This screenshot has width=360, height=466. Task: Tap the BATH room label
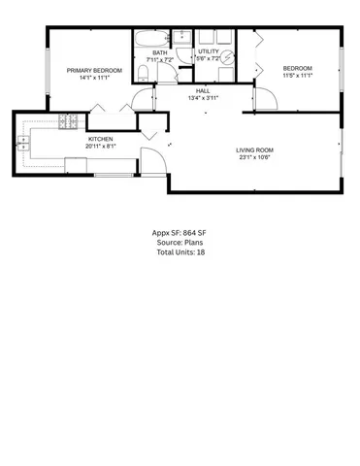pyautogui.click(x=158, y=51)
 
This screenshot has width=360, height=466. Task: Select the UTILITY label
pyautogui.click(x=209, y=51)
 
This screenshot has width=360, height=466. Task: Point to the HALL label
pyautogui.click(x=205, y=88)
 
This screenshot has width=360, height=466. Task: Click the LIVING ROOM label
pyautogui.click(x=255, y=149)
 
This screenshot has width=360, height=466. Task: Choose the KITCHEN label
pyautogui.click(x=101, y=139)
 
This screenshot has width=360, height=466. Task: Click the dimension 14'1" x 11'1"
pyautogui.click(x=94, y=78)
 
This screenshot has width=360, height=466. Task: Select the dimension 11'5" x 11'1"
pyautogui.click(x=294, y=75)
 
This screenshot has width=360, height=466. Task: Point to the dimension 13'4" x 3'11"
pyautogui.click(x=205, y=96)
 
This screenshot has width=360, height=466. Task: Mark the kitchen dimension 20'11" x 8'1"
pyautogui.click(x=101, y=147)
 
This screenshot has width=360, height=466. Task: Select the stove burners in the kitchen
pyautogui.click(x=70, y=122)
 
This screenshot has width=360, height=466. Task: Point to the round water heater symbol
pyautogui.click(x=227, y=58)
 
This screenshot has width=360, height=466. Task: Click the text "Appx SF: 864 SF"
pyautogui.click(x=180, y=234)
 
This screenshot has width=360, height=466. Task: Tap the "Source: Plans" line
pyautogui.click(x=180, y=243)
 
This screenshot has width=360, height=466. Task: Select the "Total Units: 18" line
pyautogui.click(x=180, y=251)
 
